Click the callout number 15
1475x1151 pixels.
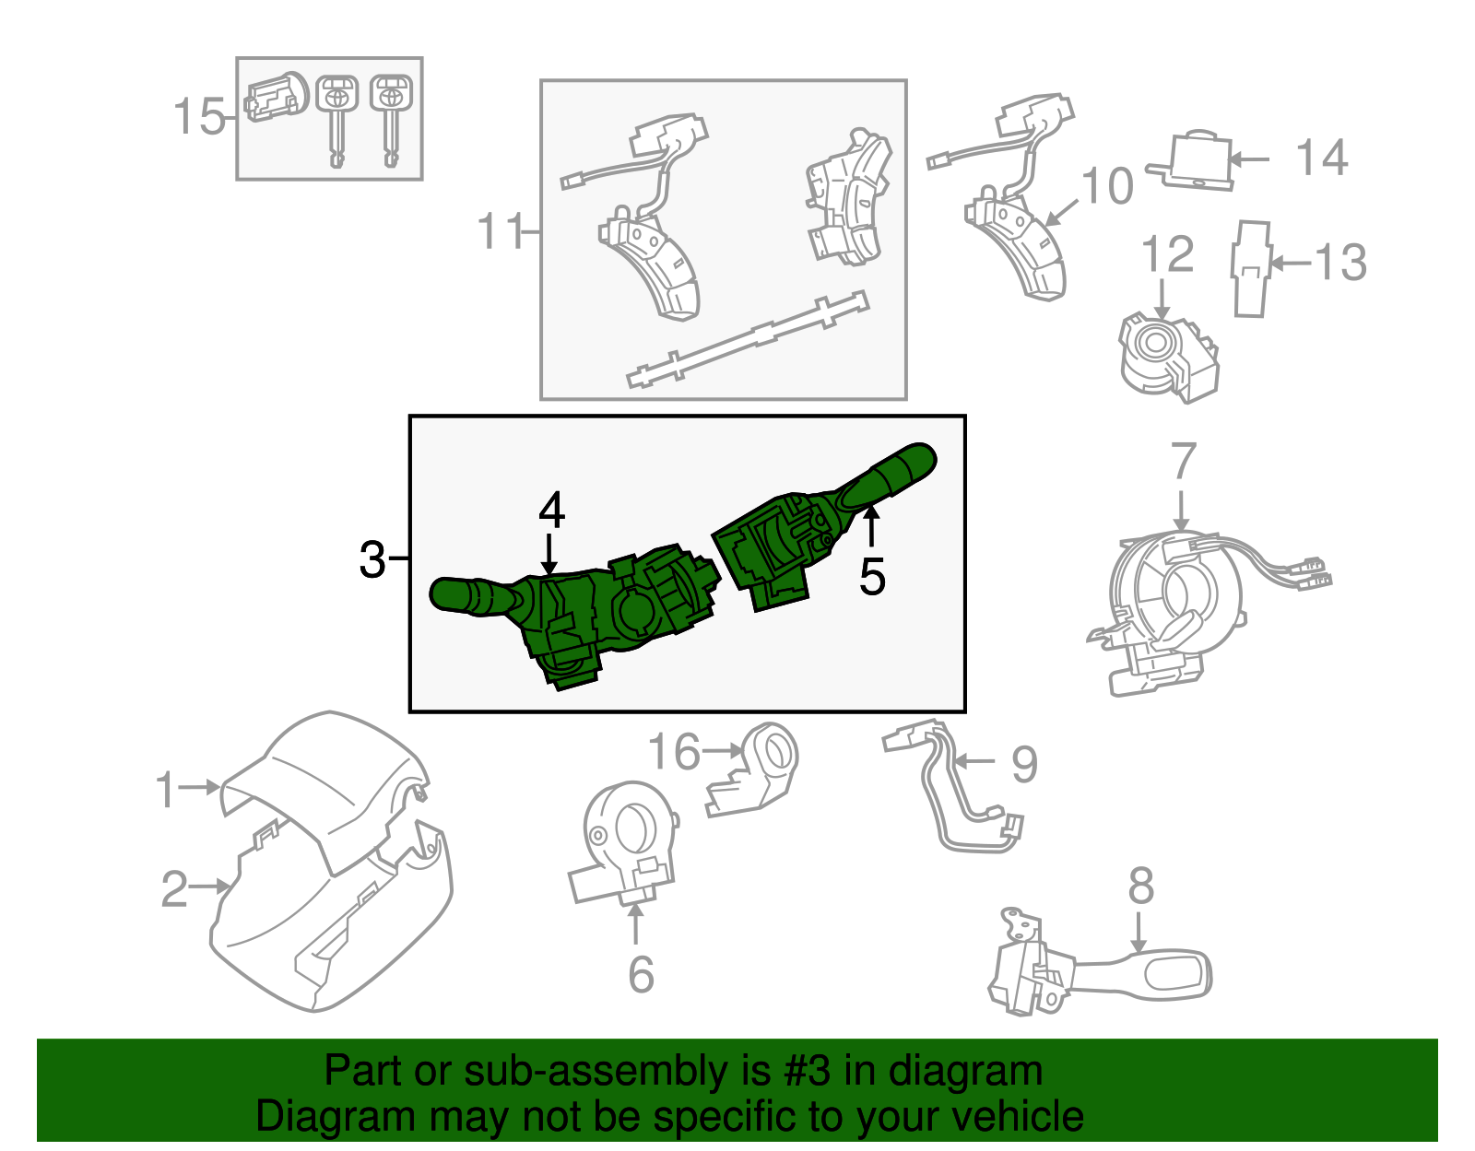tap(198, 117)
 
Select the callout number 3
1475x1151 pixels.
tap(372, 559)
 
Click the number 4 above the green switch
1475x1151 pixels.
tap(551, 510)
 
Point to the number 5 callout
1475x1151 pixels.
tap(872, 578)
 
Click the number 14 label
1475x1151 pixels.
tap(1322, 158)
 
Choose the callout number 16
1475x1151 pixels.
tap(675, 752)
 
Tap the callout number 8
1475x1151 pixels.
tap(1140, 886)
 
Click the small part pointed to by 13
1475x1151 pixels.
tap(1251, 268)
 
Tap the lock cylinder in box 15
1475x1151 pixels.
tap(275, 97)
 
